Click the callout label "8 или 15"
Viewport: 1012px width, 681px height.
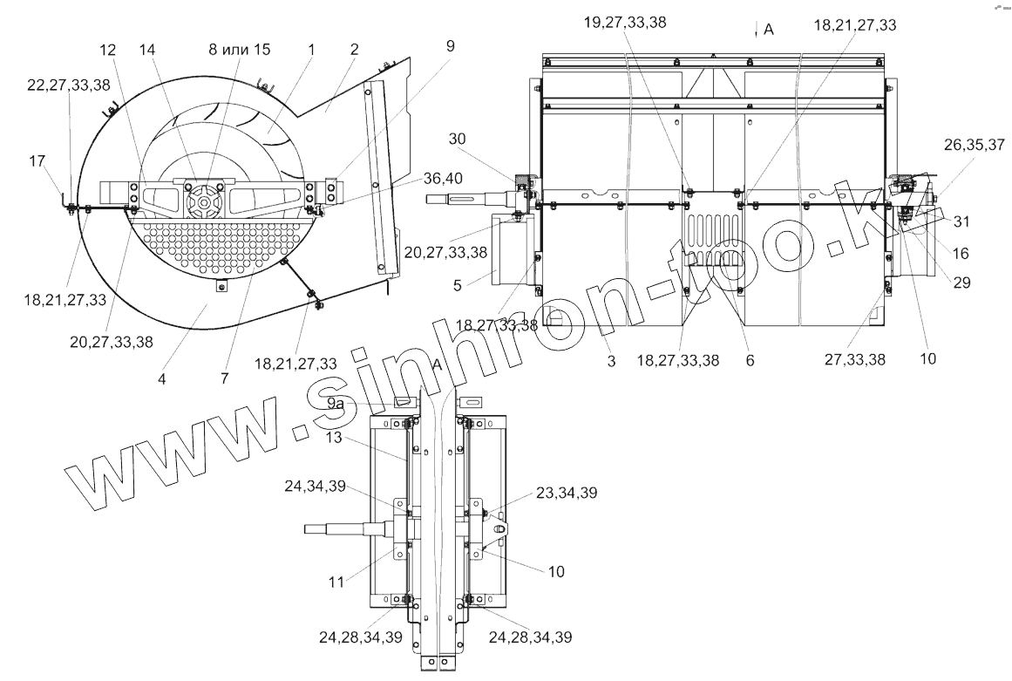pos(240,49)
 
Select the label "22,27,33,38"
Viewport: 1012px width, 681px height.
pos(69,85)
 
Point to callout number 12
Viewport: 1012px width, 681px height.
pos(107,49)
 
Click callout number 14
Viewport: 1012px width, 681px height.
pos(148,49)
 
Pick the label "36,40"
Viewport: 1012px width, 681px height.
pos(444,178)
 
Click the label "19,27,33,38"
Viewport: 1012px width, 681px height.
pos(625,22)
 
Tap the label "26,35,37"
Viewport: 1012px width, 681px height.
pos(975,146)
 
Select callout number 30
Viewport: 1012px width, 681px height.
pos(457,139)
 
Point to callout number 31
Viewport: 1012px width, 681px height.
pos(961,221)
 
